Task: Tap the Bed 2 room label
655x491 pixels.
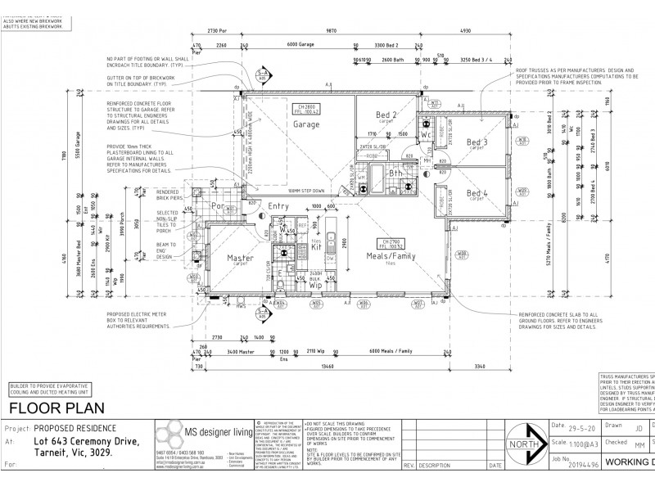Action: point(386,115)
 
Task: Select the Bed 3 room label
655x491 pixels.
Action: point(477,142)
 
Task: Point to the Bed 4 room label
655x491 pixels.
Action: point(477,194)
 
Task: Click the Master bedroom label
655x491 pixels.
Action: point(240,258)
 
